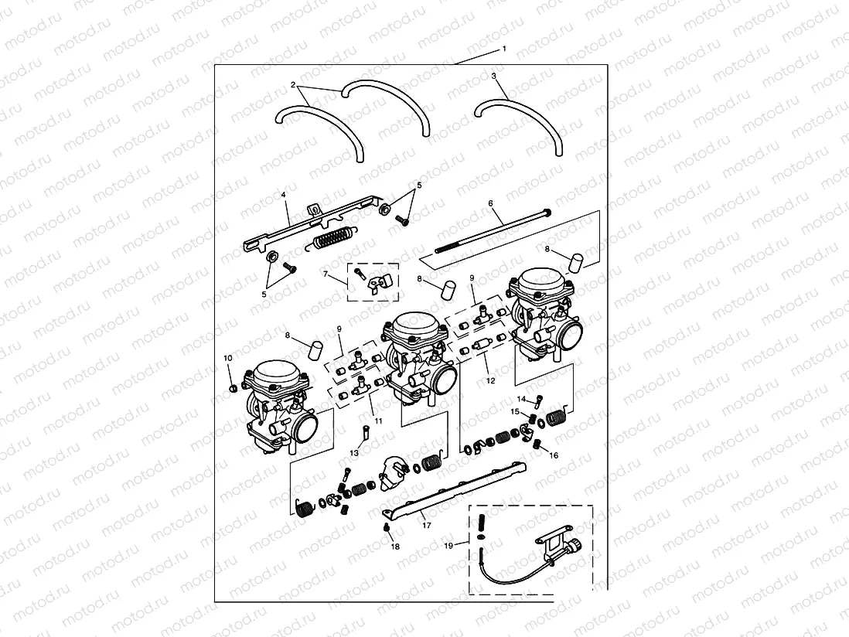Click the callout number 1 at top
pos(504,49)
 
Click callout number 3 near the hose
pos(493,77)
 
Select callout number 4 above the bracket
pos(285,196)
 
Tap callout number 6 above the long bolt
pos(490,203)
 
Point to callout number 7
pos(326,275)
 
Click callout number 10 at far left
pos(227,358)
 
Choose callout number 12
pos(489,380)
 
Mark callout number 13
pos(354,452)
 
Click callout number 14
pos(521,399)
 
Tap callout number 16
pos(554,456)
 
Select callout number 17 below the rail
pos(426,526)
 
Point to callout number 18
pos(395,547)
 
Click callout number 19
pos(448,546)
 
